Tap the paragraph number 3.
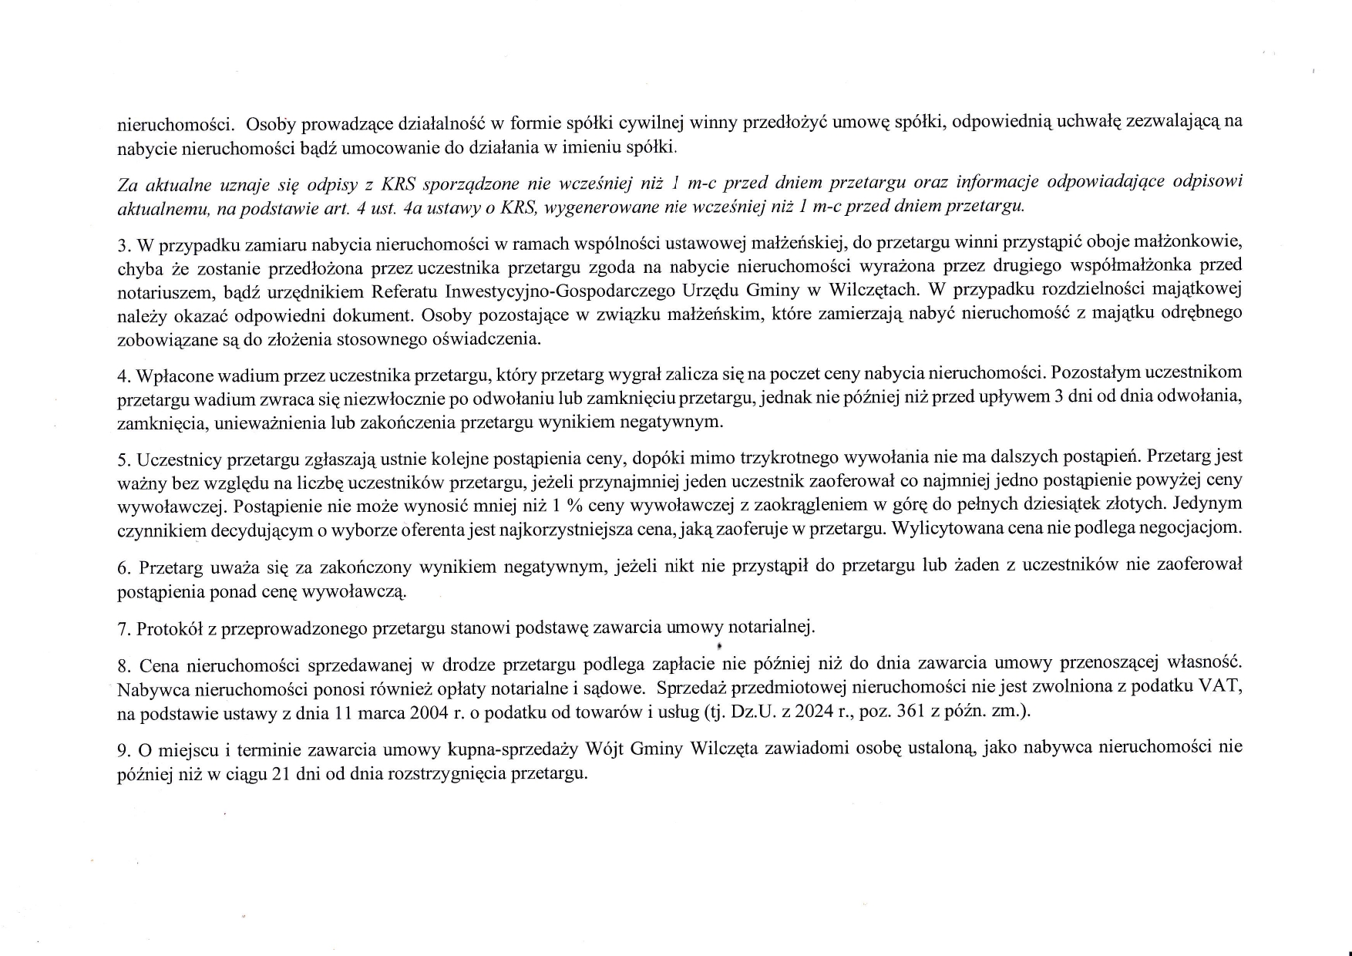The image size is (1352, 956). [123, 245]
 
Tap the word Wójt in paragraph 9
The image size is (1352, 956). [604, 749]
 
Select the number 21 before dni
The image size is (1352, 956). [281, 773]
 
